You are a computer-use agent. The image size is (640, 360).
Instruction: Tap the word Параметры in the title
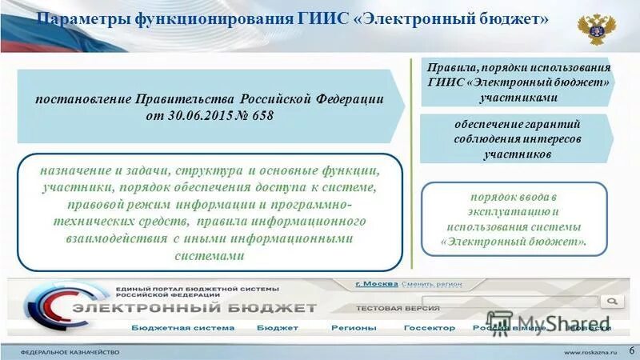[x=76, y=20]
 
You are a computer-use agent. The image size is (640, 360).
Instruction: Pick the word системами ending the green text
[x=207, y=256]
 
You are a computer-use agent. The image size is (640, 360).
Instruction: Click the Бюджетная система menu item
[x=183, y=328]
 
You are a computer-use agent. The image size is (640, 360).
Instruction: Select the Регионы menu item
[x=354, y=328]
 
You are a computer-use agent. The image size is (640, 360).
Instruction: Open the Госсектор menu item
[x=429, y=328]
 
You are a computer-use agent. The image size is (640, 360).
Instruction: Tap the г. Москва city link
[x=376, y=284]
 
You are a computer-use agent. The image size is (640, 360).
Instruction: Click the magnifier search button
[x=613, y=301]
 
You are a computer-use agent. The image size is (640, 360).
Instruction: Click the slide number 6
[x=632, y=350]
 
